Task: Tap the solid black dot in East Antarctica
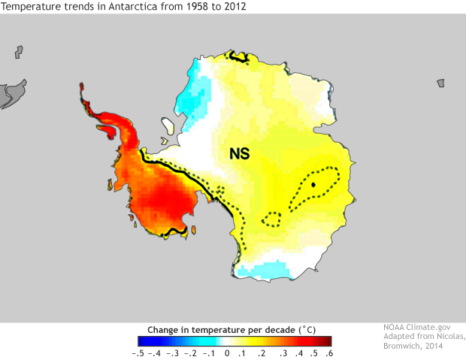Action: point(313,183)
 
